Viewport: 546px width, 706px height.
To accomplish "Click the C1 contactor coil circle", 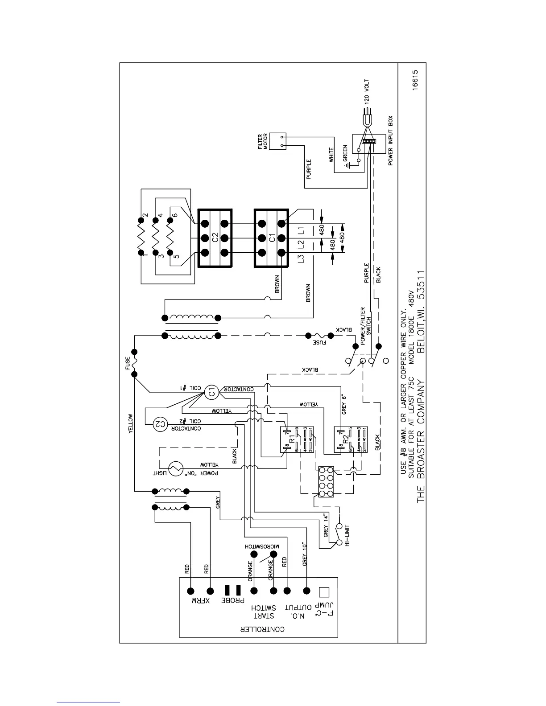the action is (x=212, y=393).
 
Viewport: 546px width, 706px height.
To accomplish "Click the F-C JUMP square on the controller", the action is (x=324, y=591).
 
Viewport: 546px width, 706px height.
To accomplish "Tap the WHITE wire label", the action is (x=331, y=155).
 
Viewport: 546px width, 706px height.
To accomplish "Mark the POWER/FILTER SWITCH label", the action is (x=365, y=320).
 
